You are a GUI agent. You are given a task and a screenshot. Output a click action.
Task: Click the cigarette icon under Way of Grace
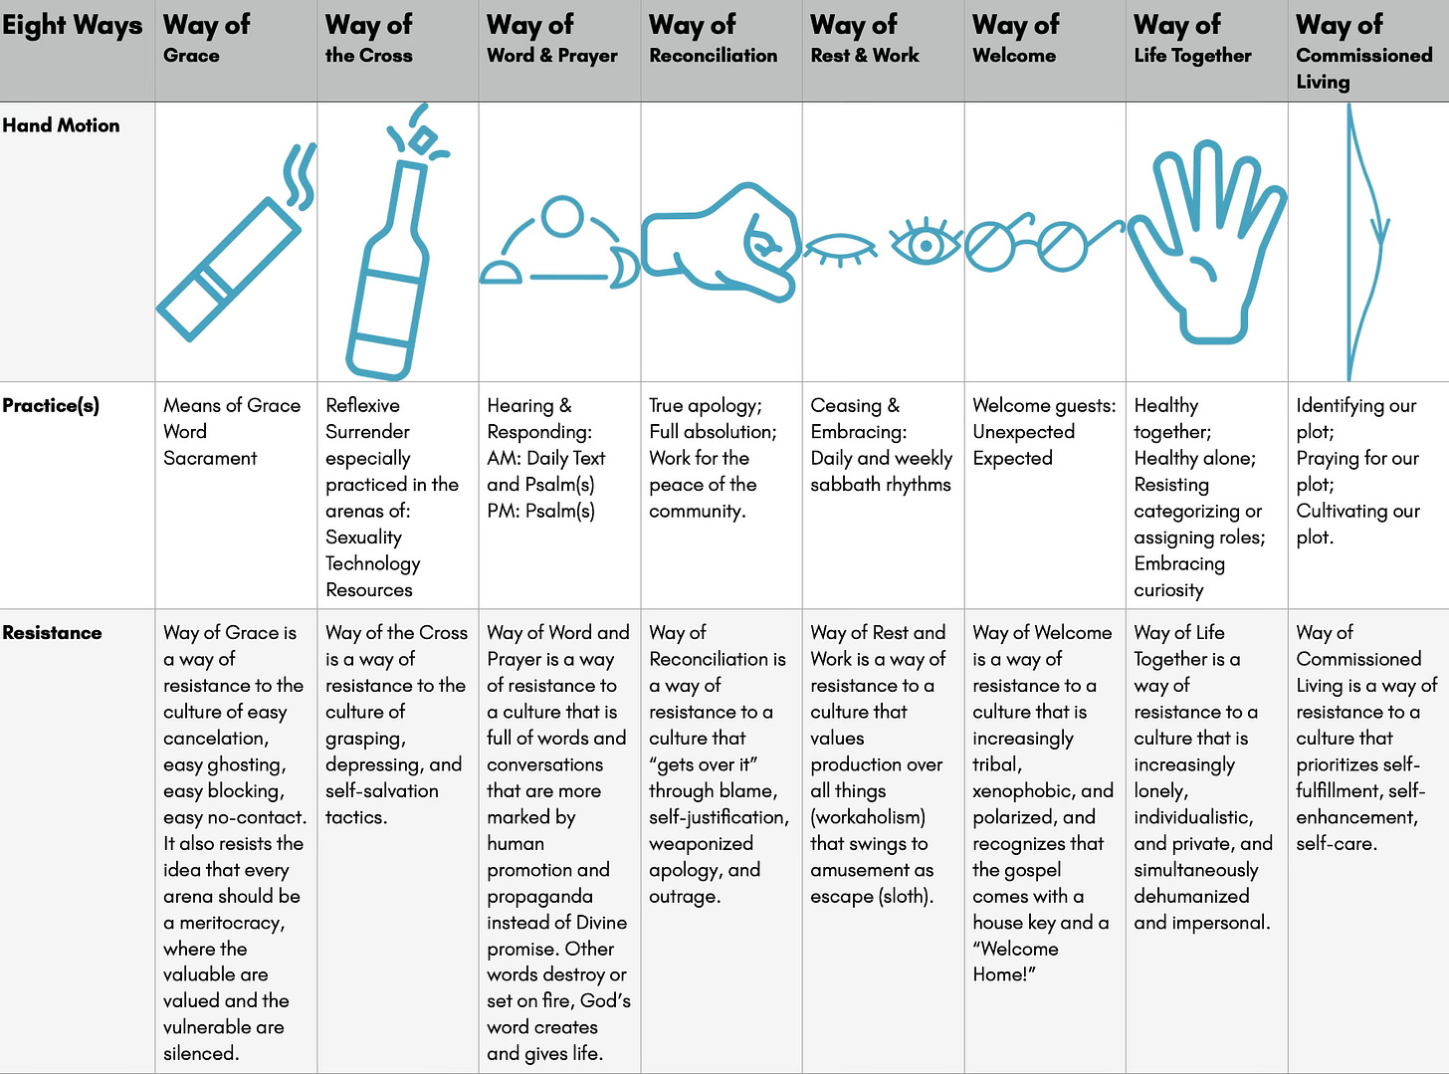click(228, 269)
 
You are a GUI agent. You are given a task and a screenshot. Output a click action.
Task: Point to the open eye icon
click(926, 243)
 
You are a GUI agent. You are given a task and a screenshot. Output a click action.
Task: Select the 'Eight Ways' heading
click(72, 26)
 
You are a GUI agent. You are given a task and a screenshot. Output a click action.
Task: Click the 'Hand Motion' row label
click(61, 125)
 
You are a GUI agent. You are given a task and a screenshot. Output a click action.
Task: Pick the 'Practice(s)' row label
click(51, 405)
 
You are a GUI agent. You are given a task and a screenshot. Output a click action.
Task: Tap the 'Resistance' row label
click(52, 632)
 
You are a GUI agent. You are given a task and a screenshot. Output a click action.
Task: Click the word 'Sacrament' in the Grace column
click(210, 458)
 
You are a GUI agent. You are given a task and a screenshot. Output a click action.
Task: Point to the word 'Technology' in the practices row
click(373, 563)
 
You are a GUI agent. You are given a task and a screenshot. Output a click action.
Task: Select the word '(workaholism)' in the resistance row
click(868, 817)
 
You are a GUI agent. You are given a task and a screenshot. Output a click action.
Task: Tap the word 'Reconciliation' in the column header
click(714, 56)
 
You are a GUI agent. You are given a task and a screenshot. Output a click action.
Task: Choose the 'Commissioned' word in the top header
click(1364, 56)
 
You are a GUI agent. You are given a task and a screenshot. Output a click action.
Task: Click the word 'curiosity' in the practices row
click(1168, 590)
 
